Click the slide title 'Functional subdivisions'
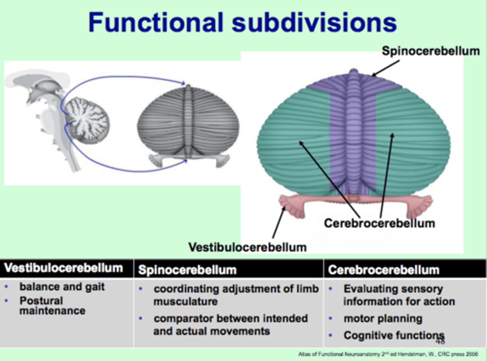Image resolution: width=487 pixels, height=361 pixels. [242, 22]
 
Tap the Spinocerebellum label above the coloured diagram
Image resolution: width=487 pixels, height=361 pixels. [431, 51]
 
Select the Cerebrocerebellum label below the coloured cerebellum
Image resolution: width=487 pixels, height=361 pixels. [379, 223]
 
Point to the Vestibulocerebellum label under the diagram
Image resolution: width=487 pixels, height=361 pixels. [247, 247]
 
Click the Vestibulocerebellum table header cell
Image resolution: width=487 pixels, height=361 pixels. [64, 268]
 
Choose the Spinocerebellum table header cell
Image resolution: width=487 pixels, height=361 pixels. [187, 270]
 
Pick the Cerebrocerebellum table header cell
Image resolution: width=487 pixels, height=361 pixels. [384, 270]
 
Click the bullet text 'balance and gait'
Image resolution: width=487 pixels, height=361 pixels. [62, 287]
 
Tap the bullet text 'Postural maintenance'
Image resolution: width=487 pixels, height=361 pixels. [52, 305]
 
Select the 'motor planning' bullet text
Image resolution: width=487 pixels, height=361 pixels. [383, 319]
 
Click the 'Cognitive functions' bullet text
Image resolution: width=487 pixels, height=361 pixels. [393, 335]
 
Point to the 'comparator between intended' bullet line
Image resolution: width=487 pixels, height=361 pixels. [231, 319]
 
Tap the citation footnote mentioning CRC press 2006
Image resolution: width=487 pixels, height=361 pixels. [388, 354]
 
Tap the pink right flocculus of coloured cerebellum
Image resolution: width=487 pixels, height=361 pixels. [420, 205]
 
